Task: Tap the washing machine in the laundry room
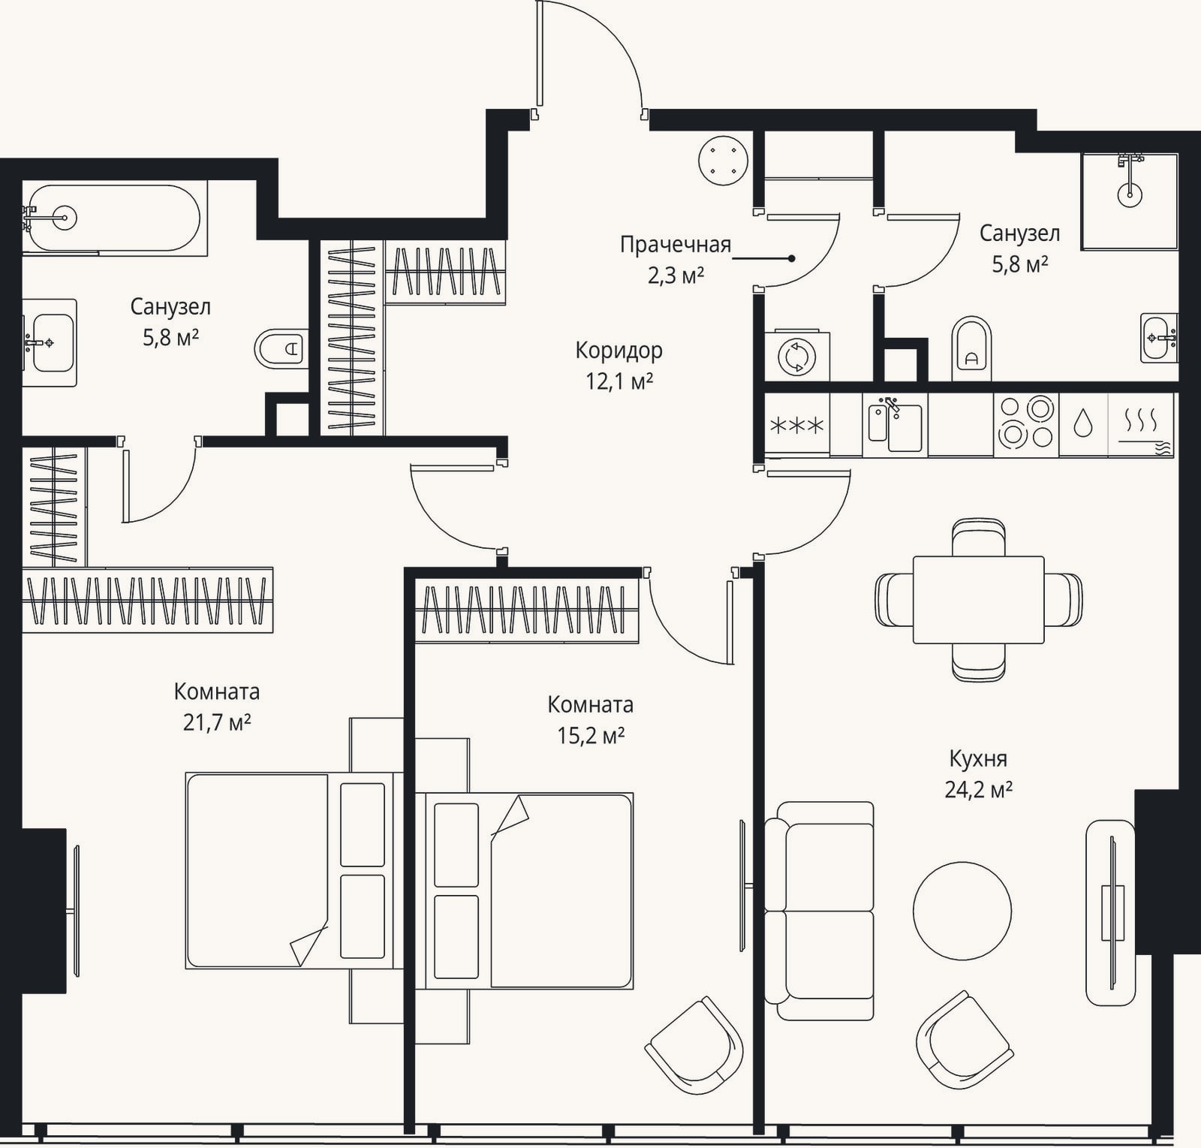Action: click(797, 356)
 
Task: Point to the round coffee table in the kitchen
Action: click(962, 910)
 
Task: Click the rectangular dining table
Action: click(978, 599)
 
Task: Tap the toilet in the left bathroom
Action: click(281, 348)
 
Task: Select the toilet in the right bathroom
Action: click(971, 349)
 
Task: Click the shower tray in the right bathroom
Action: click(1130, 201)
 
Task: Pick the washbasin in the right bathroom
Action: click(1159, 338)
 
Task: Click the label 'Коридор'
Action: click(619, 351)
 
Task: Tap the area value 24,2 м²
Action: click(978, 790)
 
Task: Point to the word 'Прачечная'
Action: click(676, 245)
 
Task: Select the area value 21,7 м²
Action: click(217, 722)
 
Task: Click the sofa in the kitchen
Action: click(820, 911)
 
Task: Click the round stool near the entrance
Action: click(723, 160)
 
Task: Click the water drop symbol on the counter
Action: click(1083, 423)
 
